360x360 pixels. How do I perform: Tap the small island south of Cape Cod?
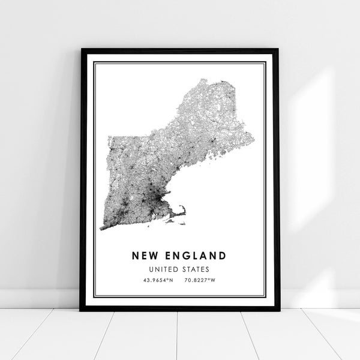click(x=171, y=220)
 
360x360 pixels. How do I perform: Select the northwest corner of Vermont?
click(x=109, y=138)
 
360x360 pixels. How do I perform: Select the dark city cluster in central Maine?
click(x=213, y=143)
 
